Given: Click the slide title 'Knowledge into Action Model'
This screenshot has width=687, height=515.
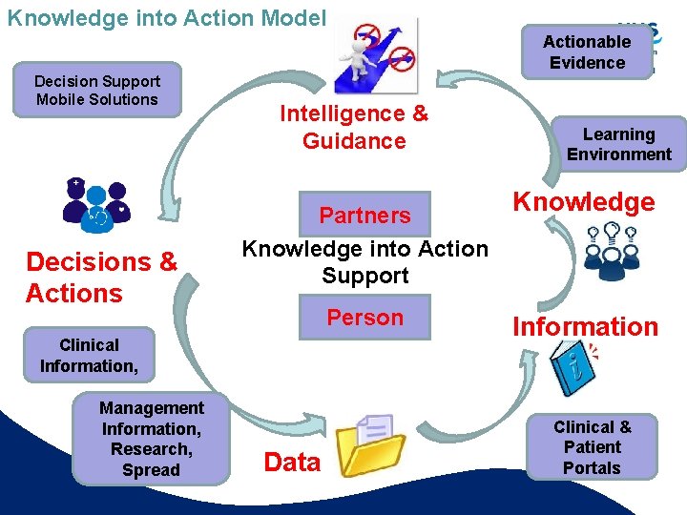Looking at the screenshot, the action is pyautogui.click(x=166, y=18).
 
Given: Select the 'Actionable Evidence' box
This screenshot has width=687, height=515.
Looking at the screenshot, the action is pyautogui.click(x=587, y=52).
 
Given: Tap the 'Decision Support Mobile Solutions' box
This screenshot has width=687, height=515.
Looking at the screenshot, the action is pyautogui.click(x=97, y=91).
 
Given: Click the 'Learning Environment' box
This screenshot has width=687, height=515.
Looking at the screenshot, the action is pyautogui.click(x=619, y=144).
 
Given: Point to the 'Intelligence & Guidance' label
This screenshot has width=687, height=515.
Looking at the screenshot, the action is pyautogui.click(x=354, y=128).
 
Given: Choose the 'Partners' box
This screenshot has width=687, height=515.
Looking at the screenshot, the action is pyautogui.click(x=364, y=216).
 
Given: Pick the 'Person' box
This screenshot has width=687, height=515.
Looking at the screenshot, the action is pyautogui.click(x=364, y=318).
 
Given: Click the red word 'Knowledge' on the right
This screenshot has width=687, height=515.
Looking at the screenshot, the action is pyautogui.click(x=584, y=201).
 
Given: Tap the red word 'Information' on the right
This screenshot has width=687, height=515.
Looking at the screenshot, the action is pyautogui.click(x=585, y=326).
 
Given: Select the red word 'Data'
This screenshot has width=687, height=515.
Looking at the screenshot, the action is pyautogui.click(x=292, y=463).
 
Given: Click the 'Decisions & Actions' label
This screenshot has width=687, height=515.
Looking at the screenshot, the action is pyautogui.click(x=101, y=277).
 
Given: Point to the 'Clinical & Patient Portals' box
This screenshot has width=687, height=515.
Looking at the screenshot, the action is pyautogui.click(x=592, y=446).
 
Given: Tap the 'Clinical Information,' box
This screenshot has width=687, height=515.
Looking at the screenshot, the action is pyautogui.click(x=89, y=355).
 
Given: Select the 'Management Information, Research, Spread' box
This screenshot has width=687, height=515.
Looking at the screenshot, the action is pyautogui.click(x=151, y=439).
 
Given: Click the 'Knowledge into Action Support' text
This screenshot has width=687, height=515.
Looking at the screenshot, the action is pyautogui.click(x=364, y=262).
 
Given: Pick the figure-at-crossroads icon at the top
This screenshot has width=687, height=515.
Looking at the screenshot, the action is pyautogui.click(x=376, y=55).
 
